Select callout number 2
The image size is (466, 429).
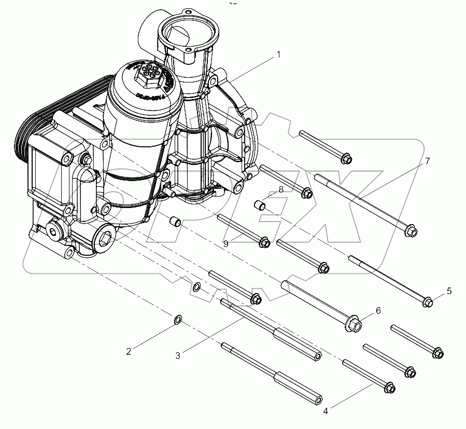pyautogui.click(x=129, y=352)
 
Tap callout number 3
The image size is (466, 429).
pyautogui.click(x=178, y=355)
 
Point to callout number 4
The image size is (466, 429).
pyautogui.click(x=326, y=412)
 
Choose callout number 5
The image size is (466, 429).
pyautogui.click(x=449, y=291)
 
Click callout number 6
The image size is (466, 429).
pyautogui.click(x=378, y=310)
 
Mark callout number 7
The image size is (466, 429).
pyautogui.click(x=427, y=161)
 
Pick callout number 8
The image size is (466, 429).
pyautogui.click(x=280, y=190)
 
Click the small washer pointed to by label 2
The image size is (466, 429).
pyautogui.click(x=177, y=319)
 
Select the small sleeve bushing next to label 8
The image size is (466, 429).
pyautogui.click(x=260, y=206)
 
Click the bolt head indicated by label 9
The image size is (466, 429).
pyautogui.click(x=264, y=242)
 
